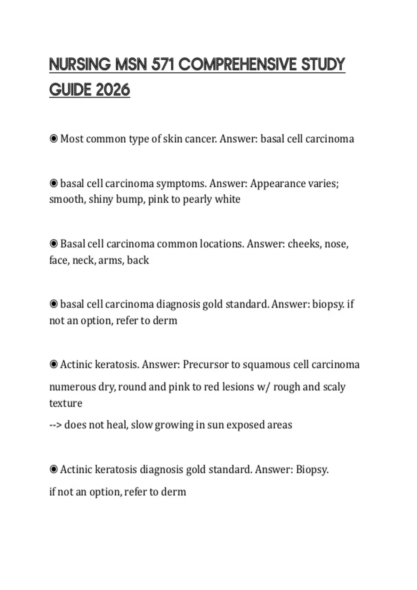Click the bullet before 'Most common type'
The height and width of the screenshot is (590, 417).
54,139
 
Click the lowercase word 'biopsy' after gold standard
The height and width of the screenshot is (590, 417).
328,304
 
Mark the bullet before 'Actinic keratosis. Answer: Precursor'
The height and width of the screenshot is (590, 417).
54,364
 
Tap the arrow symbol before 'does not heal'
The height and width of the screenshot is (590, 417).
56,425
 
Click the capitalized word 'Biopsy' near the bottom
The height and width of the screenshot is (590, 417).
311,470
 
